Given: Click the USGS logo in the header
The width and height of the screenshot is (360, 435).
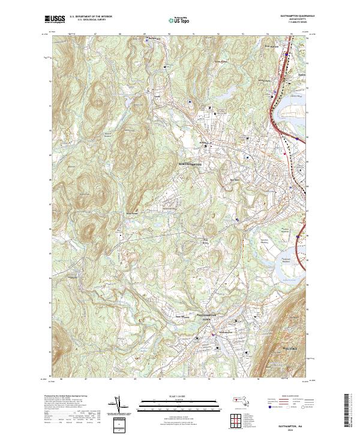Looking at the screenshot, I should pos(54,19).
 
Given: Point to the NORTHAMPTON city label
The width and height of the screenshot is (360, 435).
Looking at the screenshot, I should pos(191,163).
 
